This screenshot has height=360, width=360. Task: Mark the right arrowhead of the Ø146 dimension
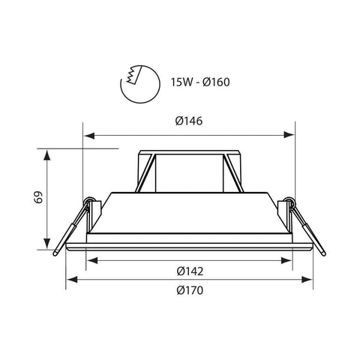pos(289,136)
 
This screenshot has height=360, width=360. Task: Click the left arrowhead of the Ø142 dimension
pos(91,260)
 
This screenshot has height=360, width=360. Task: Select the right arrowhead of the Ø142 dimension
pos(286,260)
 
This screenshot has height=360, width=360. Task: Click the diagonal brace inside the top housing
pos(150,173)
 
